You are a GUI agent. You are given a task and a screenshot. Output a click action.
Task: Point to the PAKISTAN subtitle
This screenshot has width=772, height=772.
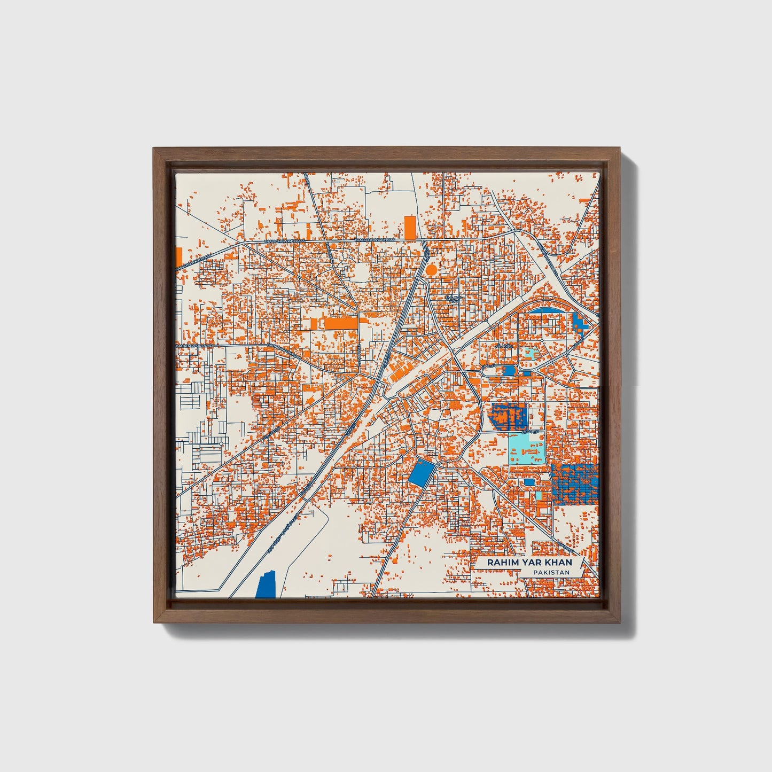pyautogui.click(x=550, y=572)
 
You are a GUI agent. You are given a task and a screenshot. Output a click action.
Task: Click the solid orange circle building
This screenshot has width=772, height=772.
pyautogui.click(x=431, y=270)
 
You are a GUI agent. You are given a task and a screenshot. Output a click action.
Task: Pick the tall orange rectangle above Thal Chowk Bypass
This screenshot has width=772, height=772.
pyautogui.click(x=410, y=228)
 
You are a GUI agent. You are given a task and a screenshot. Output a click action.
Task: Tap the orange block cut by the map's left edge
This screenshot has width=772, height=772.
pyautogui.click(x=178, y=259)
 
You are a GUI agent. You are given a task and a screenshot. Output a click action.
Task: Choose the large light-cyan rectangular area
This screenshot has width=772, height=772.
pyautogui.click(x=527, y=448)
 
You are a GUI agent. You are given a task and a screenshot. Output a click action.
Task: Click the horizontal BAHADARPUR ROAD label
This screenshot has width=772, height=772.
pyautogui.click(x=195, y=346)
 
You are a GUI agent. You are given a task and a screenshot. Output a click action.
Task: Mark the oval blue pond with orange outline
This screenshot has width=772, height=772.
pyautogui.click(x=510, y=370)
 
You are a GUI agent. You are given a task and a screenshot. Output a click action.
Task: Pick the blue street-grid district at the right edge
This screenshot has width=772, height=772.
pyautogui.click(x=574, y=484)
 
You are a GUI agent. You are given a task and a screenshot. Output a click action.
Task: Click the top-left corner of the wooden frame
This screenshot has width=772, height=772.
pyautogui.click(x=154, y=150)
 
